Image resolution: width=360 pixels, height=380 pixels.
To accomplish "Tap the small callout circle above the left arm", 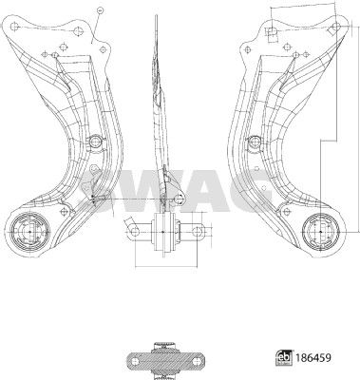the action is (x=100, y=10).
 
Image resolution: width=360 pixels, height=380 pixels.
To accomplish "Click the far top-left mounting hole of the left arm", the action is (x=14, y=26).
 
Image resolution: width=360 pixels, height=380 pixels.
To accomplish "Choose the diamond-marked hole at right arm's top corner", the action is (x=335, y=27).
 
